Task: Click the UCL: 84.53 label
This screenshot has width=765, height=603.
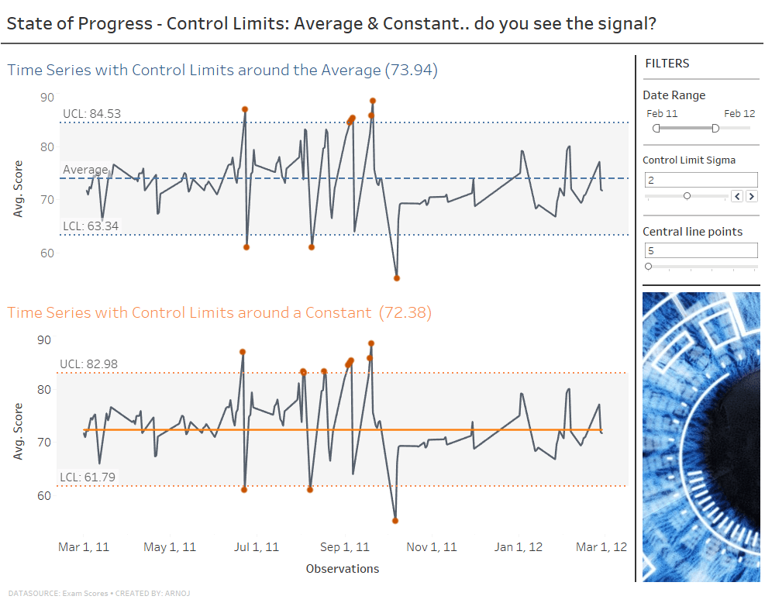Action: [x=91, y=114]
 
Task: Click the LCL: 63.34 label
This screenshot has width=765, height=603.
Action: [x=91, y=226]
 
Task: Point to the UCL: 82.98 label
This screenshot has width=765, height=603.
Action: [x=88, y=364]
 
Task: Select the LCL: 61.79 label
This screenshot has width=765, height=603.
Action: [x=87, y=477]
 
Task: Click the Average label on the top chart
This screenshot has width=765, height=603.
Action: [x=85, y=170]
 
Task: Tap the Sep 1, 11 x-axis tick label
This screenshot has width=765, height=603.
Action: [x=345, y=547]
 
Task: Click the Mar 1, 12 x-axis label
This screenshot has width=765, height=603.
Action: [x=601, y=547]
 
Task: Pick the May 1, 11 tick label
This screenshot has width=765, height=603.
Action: [x=170, y=547]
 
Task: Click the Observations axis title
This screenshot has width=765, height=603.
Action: [x=343, y=569]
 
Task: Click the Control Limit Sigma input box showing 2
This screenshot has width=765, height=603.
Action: [x=701, y=179]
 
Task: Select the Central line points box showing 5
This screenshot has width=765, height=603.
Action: [x=701, y=250]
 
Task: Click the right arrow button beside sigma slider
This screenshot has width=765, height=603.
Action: [x=752, y=196]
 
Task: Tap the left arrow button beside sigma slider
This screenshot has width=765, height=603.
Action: [x=738, y=196]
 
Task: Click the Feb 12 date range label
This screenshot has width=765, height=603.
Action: [x=739, y=114]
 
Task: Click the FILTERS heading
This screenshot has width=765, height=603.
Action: [x=667, y=64]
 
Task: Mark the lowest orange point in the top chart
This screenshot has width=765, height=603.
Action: [x=397, y=277]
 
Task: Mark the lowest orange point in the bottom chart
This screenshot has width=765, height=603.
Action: [x=395, y=521]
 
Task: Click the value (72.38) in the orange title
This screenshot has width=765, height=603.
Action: [x=405, y=313]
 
